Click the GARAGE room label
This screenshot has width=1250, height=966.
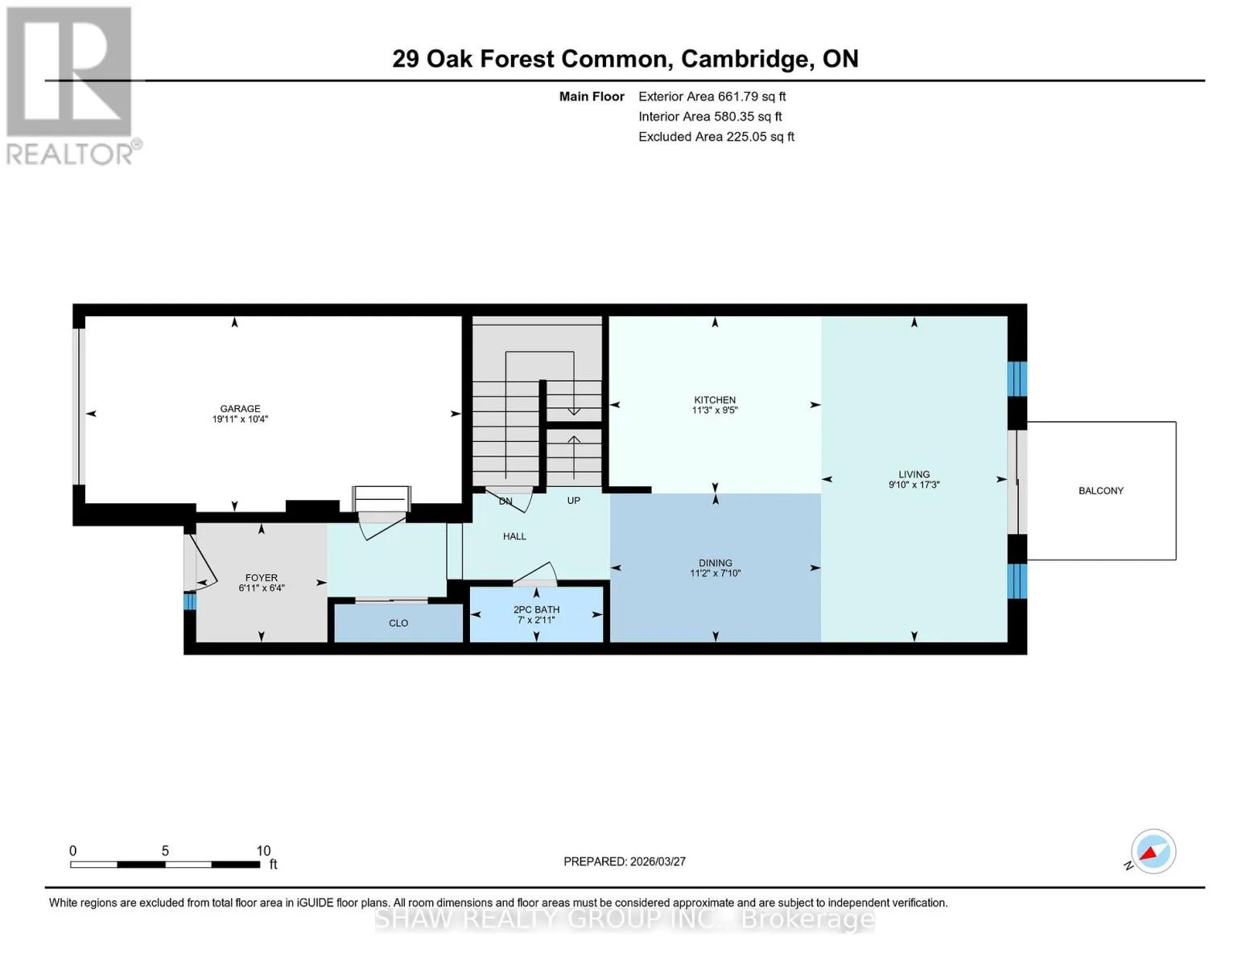(240, 408)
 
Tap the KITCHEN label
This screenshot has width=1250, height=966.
(715, 400)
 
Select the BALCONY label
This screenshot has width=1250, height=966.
(1100, 491)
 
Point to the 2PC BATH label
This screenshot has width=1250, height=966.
(536, 610)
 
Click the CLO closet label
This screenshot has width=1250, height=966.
(398, 623)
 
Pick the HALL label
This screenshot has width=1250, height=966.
(514, 536)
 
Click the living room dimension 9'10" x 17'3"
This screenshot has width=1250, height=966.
(914, 485)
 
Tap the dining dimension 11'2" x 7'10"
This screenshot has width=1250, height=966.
(715, 573)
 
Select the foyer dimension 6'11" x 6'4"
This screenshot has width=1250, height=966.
(261, 588)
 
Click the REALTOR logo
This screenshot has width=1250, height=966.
(72, 86)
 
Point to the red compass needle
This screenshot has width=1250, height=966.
(1149, 852)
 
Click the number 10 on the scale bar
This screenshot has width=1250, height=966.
(263, 850)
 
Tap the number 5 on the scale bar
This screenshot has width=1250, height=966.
(165, 850)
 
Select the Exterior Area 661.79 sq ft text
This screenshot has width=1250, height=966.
(712, 97)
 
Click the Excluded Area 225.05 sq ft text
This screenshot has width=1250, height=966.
(716, 137)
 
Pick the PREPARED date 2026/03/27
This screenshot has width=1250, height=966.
(658, 861)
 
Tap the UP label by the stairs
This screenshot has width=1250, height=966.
(574, 501)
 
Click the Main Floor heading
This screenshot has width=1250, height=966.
(592, 97)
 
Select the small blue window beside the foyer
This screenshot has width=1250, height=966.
(189, 601)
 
